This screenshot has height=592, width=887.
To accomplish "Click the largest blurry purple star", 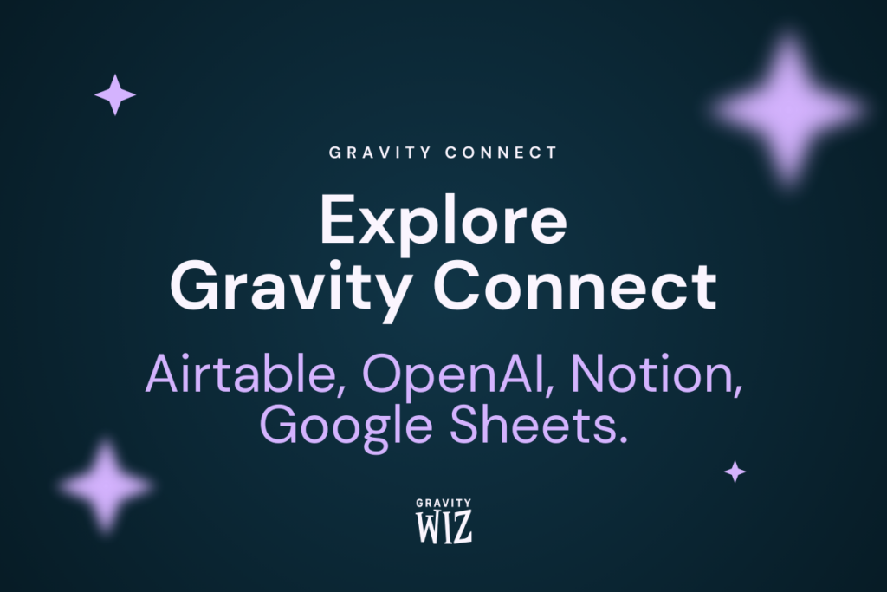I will click(x=787, y=110).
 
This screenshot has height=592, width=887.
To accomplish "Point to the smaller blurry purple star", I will click(x=107, y=485).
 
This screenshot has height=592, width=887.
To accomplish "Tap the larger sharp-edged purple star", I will click(x=115, y=94).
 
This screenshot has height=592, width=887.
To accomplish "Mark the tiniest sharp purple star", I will click(x=735, y=472).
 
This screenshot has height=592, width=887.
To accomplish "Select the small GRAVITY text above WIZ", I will click(x=443, y=504).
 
